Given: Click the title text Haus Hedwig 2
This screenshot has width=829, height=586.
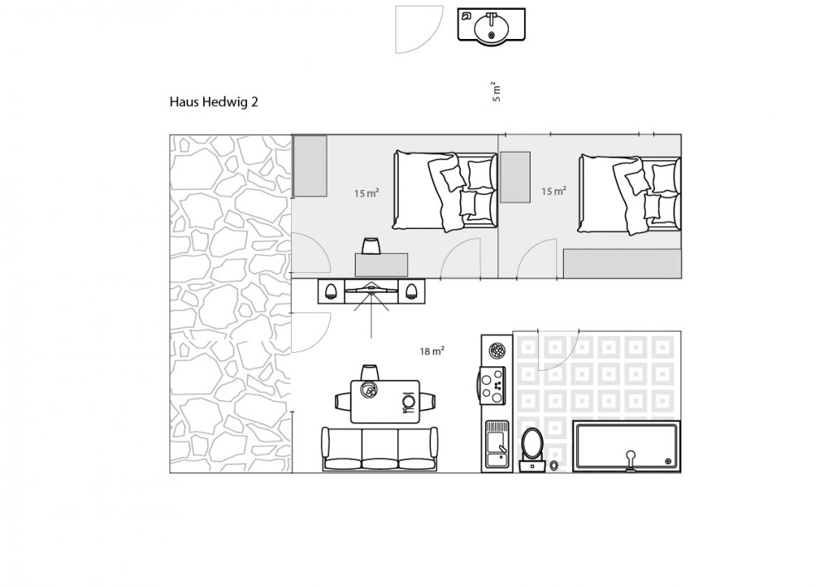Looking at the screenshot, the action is tap(214, 101).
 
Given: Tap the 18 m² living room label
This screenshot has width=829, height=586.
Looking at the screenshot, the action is tap(431, 351).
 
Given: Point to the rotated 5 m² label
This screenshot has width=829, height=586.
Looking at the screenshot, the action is tap(496, 91).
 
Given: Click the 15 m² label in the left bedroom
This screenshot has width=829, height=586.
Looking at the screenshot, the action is tap(366, 193).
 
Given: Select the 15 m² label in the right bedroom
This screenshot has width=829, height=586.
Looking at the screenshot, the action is tap(554, 191).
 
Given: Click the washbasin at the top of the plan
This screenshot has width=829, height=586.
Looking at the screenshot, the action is tap(491, 24).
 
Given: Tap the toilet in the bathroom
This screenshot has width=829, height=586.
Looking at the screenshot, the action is tap(531, 449).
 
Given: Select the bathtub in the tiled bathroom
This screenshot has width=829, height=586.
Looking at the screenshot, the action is tap(627, 447).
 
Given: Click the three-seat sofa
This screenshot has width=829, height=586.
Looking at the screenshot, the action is tap(380, 449).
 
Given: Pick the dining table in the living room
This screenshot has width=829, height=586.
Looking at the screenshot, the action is tap(385, 401).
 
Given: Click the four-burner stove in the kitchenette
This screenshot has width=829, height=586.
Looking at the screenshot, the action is tap(492, 385).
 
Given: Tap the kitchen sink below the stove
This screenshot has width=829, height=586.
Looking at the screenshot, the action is tap(497, 445).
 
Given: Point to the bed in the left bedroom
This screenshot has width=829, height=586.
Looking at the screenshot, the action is tap(445, 191).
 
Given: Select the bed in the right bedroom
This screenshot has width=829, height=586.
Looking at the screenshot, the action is tap(629, 193).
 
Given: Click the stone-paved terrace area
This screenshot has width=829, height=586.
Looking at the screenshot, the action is tap(230, 304).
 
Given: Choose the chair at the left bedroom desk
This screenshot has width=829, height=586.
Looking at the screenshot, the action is tap(371, 247).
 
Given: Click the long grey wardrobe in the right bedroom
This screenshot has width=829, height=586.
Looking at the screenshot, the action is tap(622, 264).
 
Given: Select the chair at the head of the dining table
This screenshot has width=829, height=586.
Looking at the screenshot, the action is tap(370, 372).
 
